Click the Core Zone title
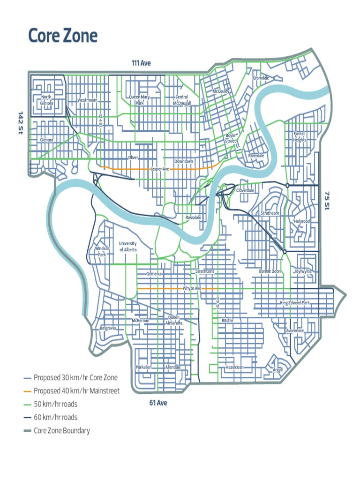point(63,36)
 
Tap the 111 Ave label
point(141,63)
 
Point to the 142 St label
point(20,123)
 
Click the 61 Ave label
point(158,403)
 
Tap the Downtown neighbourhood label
point(183,161)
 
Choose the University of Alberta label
point(128,247)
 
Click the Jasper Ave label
point(160,169)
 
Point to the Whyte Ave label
point(192,288)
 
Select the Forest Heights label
point(300,136)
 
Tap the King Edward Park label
point(295,303)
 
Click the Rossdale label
point(193,218)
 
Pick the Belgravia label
point(108,328)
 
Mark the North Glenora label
point(46,100)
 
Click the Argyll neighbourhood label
point(277,370)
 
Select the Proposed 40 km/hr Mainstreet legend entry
point(76,391)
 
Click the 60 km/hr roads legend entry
point(55,417)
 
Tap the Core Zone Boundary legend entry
point(61,430)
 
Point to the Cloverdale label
point(245,191)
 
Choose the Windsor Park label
point(102,251)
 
